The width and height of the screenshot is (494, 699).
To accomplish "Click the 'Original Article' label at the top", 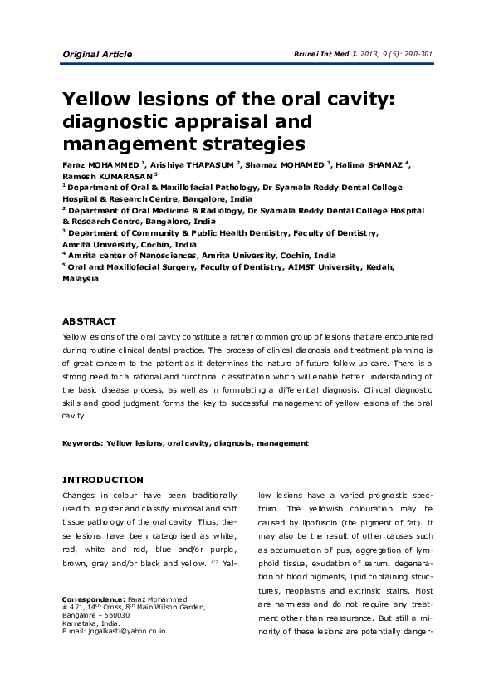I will coord(97,55).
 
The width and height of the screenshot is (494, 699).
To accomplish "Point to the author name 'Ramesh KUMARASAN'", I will coord(106,176).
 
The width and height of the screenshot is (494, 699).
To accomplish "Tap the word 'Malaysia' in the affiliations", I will coord(81,279).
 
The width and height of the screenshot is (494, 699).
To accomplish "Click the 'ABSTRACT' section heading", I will coord(90,321).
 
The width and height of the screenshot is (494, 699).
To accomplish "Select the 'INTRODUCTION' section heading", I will coord(103,480).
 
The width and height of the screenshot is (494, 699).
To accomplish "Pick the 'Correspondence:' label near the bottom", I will coord(94,599).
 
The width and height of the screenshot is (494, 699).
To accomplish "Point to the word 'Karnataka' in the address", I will coord(81,623).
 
